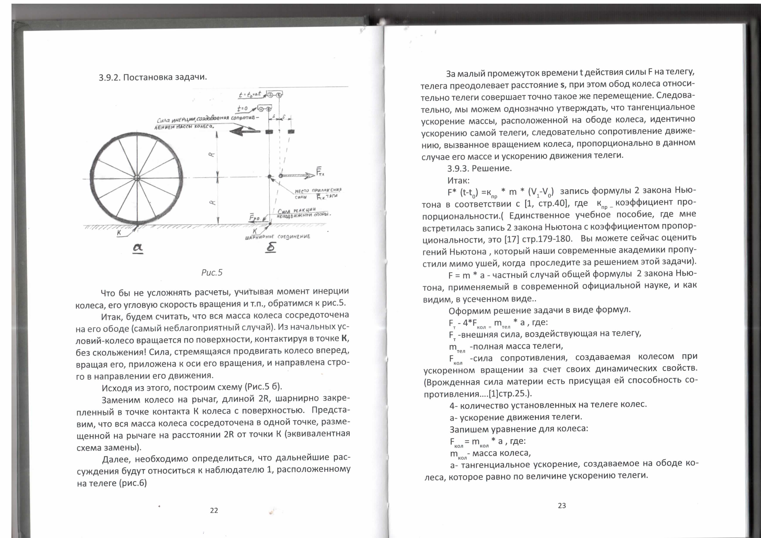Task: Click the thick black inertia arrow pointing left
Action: tap(245, 132)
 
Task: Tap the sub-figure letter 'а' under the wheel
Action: tap(137, 247)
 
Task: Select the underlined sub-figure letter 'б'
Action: tap(271, 247)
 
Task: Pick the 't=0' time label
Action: tap(243, 108)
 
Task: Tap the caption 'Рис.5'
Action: tap(212, 273)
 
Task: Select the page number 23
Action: tap(562, 505)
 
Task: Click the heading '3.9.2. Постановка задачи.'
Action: tap(153, 77)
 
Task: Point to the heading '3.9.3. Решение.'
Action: tap(479, 168)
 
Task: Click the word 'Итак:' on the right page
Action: tap(458, 181)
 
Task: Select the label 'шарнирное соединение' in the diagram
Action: tap(277, 237)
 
